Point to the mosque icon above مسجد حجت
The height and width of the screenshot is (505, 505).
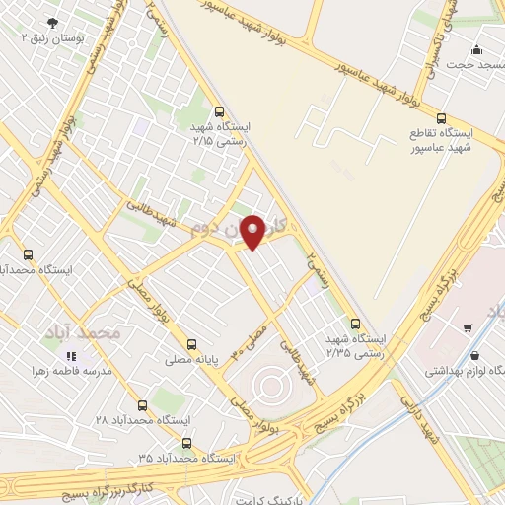478,49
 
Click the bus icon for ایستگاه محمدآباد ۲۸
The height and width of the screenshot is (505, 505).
142,405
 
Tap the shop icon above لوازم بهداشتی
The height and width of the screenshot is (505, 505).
477,356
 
